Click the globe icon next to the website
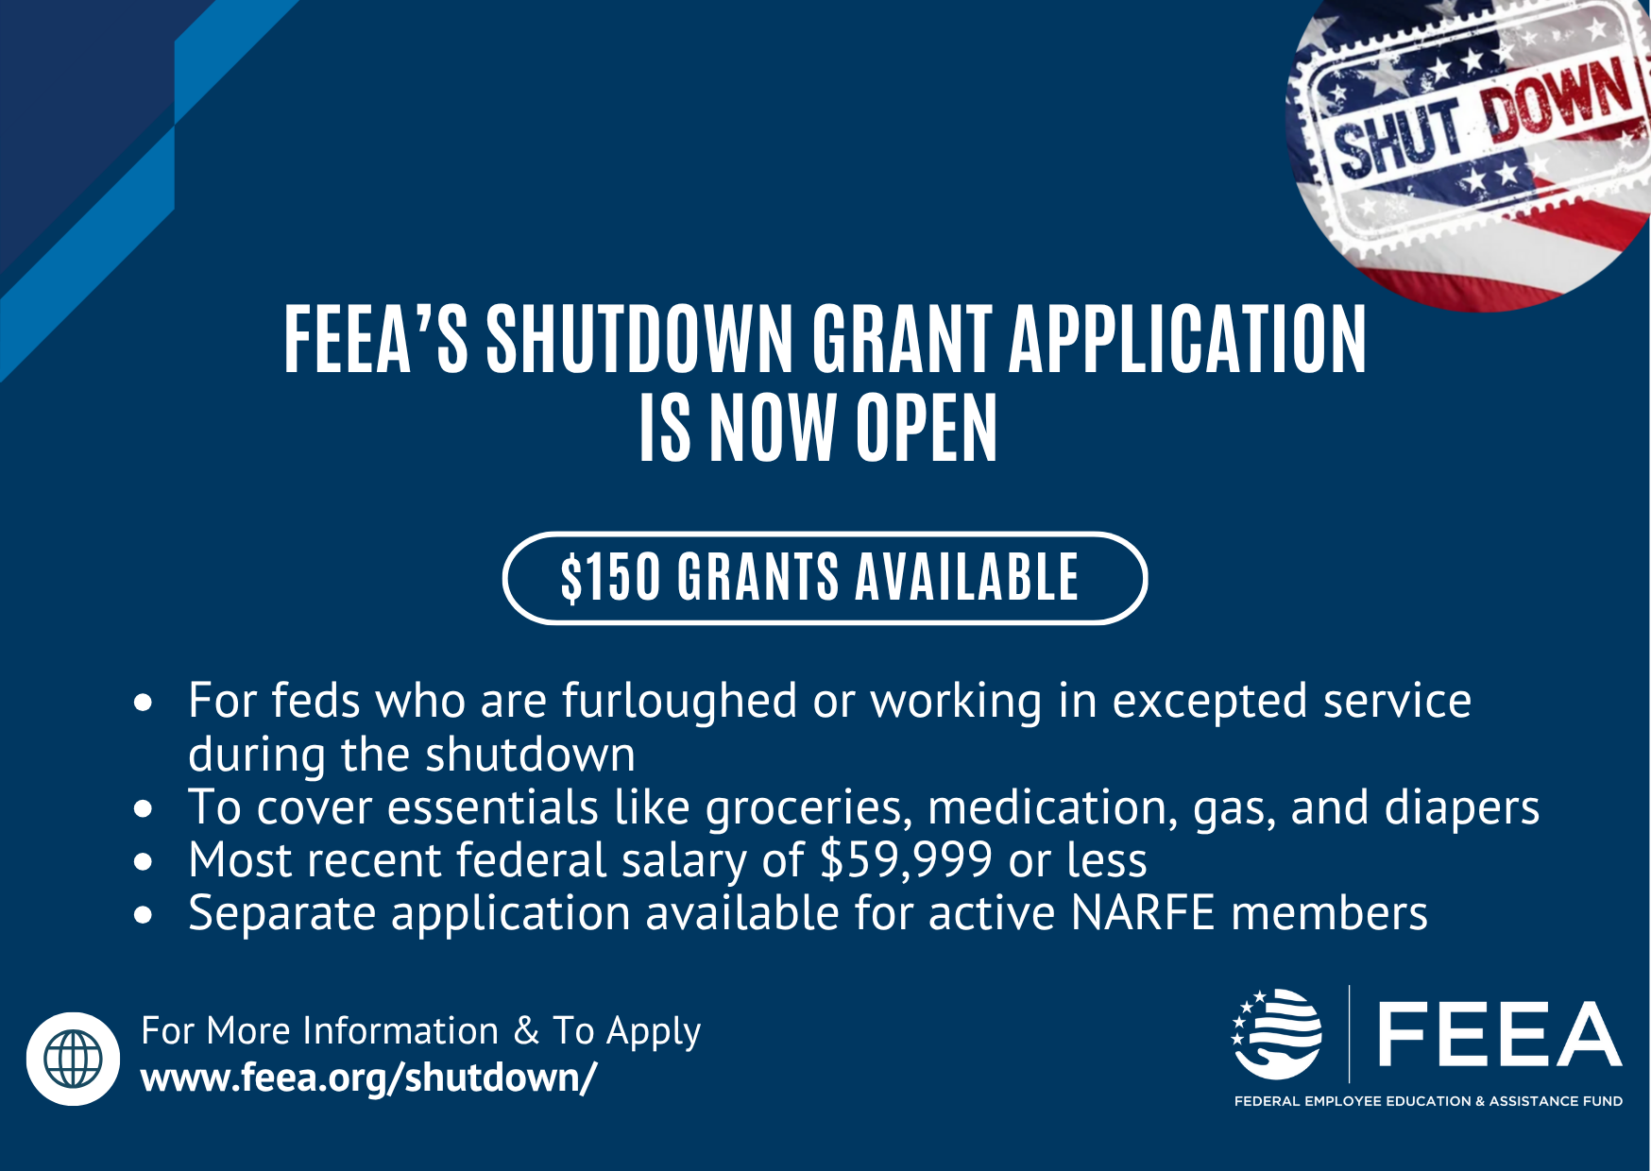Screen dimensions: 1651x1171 tap(74, 1059)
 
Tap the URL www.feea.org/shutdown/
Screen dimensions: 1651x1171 tap(368, 1078)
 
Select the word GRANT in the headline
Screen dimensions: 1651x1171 tap(902, 339)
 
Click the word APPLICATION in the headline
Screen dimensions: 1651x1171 tap(1187, 339)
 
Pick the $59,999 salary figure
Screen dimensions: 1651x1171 tap(906, 860)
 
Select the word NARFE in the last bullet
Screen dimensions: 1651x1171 tap(1143, 913)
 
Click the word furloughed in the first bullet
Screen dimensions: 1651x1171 tap(680, 702)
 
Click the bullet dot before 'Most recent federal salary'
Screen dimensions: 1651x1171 tap(144, 861)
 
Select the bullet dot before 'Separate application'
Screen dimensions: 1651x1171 tap(144, 914)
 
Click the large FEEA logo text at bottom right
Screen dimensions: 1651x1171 tap(1500, 1034)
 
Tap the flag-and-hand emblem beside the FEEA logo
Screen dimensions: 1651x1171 tap(1276, 1034)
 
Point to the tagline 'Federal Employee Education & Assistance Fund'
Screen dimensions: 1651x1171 tap(1428, 1101)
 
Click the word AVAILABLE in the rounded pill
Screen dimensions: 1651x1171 tap(967, 578)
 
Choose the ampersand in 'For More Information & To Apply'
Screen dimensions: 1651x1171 tap(526, 1030)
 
